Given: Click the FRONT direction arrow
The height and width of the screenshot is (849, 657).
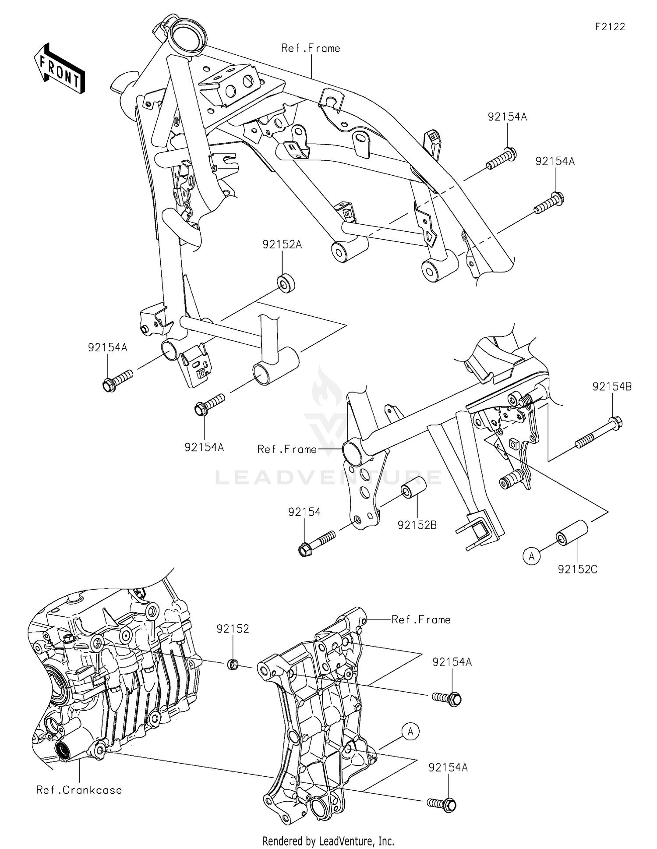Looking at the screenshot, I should [59, 68].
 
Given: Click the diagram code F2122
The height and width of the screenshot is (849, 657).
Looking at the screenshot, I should [610, 27].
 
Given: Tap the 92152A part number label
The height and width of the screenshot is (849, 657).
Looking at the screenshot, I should [282, 244].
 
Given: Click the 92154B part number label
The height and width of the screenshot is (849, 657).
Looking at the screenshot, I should [612, 386].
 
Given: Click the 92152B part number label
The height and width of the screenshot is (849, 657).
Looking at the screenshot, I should [417, 525].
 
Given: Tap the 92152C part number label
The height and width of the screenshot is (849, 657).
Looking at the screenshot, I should [577, 569].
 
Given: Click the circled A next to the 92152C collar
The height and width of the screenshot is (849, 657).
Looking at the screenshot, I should [532, 556].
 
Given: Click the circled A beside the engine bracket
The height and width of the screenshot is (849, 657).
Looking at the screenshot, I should [410, 732].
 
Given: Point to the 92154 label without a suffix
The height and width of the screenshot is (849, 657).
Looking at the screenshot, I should [304, 512].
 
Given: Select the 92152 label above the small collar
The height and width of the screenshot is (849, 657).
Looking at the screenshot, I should [233, 629].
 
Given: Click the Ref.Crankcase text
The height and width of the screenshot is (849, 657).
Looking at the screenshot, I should [79, 790].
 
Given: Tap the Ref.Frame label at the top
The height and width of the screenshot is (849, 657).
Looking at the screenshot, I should [311, 48].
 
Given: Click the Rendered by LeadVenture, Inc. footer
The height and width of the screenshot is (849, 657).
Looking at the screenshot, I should [328, 841].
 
